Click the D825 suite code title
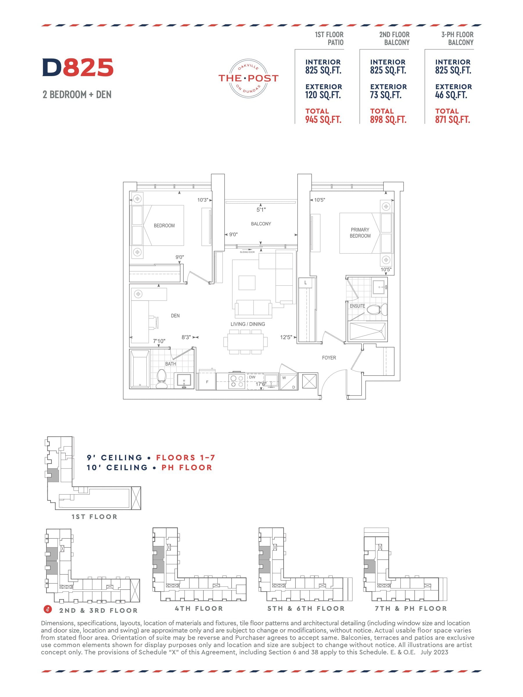click(x=78, y=67)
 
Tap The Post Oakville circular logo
click(x=248, y=78)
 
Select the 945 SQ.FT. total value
click(x=323, y=120)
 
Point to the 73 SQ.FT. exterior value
click(x=386, y=95)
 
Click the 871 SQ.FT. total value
click(x=453, y=120)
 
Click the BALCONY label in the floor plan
click(x=261, y=224)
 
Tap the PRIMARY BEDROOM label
click(x=360, y=233)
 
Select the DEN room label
click(x=175, y=315)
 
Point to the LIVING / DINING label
click(x=248, y=324)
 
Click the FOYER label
click(x=329, y=358)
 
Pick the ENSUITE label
click(x=357, y=306)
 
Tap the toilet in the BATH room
click(x=162, y=378)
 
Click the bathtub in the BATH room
click(x=140, y=369)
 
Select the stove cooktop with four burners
click(x=237, y=381)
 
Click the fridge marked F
click(x=207, y=382)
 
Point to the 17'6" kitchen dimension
click(x=261, y=384)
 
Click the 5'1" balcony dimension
click(x=261, y=210)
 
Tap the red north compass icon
click(x=48, y=609)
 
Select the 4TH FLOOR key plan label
click(x=199, y=608)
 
